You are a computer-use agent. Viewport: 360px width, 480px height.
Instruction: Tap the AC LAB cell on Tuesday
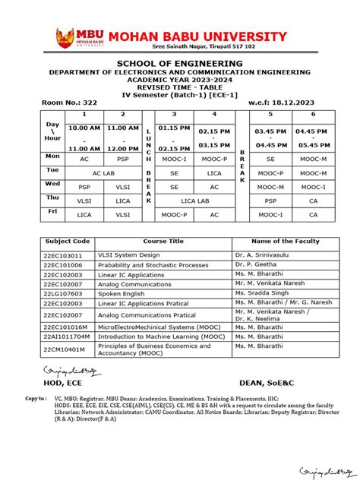click(101, 172)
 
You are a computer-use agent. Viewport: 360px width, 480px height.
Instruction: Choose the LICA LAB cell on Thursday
click(194, 201)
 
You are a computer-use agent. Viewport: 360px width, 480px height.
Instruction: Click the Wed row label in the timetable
click(52, 184)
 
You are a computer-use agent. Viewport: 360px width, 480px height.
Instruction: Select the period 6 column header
click(313, 114)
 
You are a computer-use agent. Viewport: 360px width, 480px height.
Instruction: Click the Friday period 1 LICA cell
click(84, 215)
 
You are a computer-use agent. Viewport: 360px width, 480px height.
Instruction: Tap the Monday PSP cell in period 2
click(123, 158)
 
